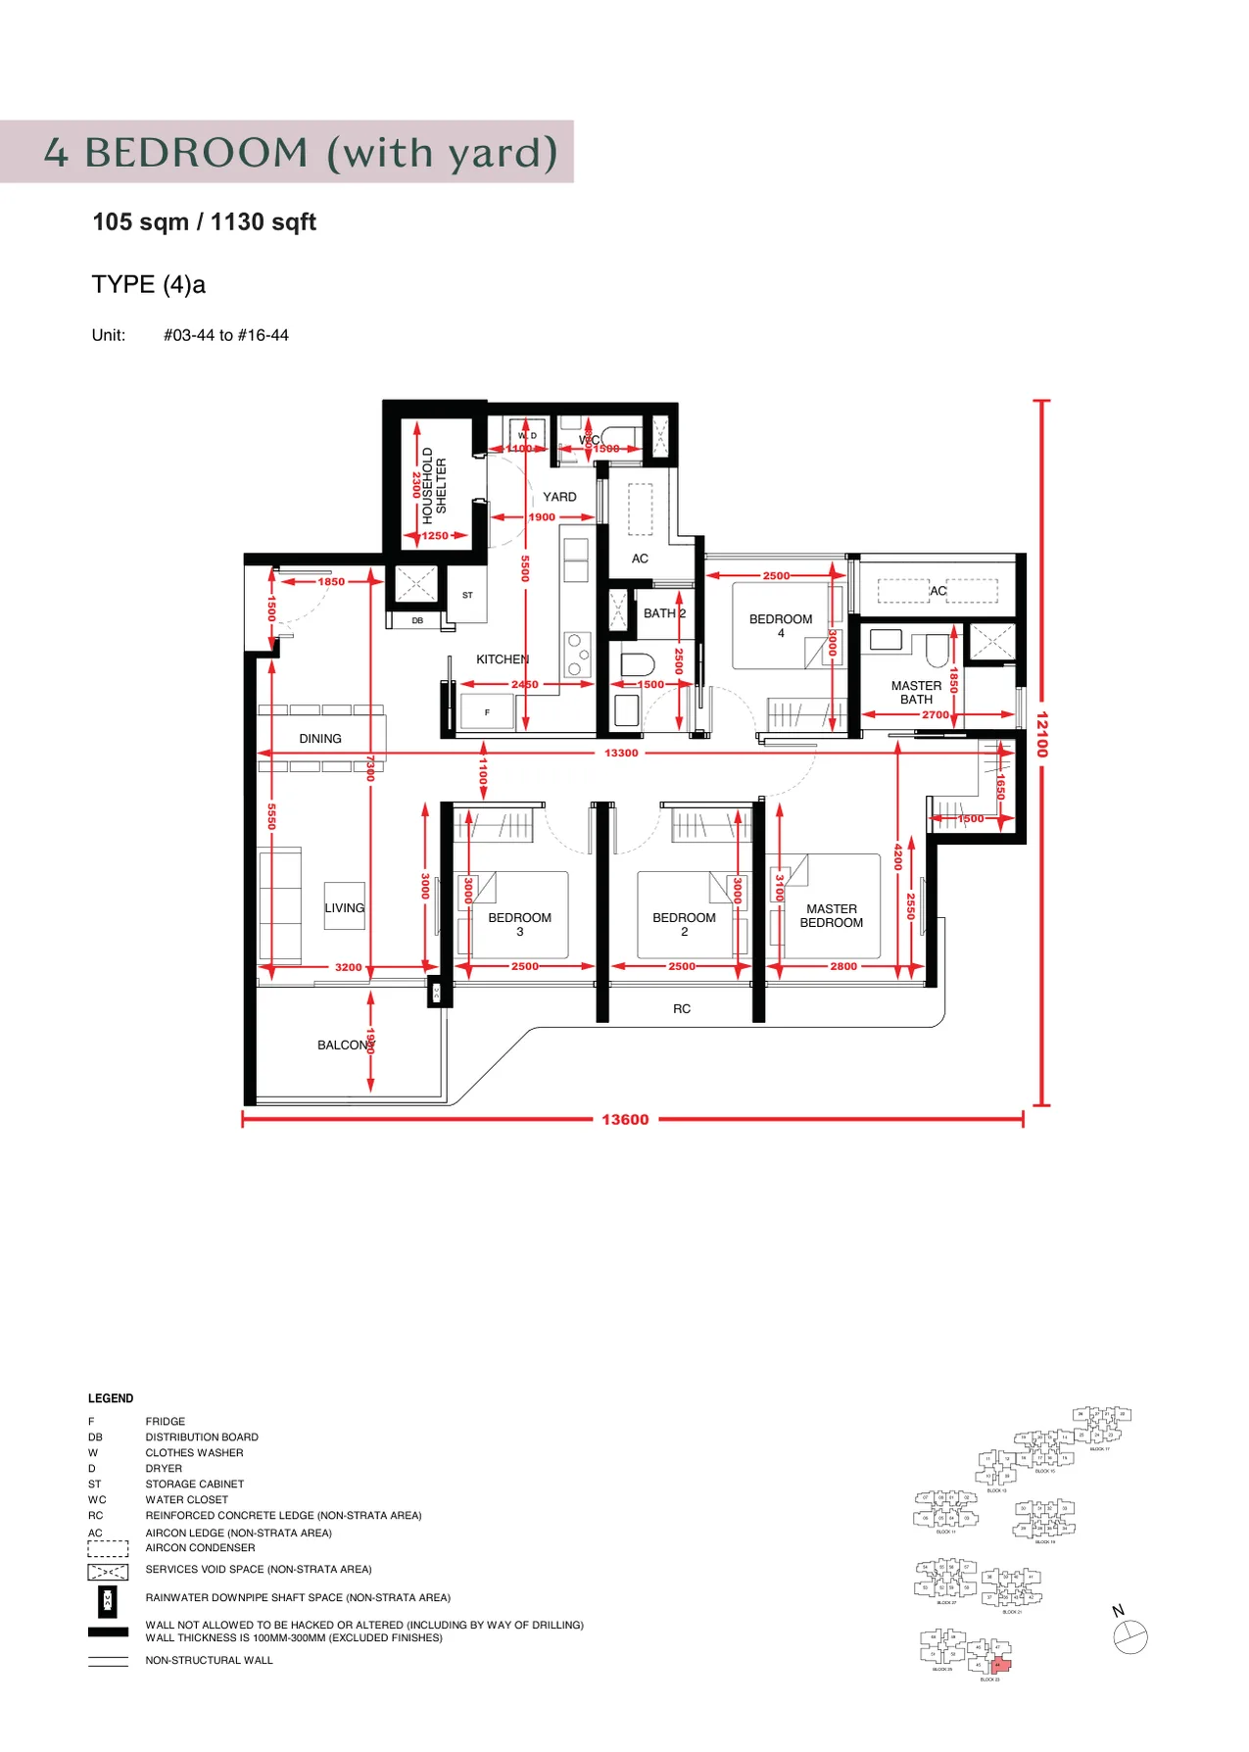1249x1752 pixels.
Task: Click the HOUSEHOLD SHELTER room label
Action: pyautogui.click(x=434, y=481)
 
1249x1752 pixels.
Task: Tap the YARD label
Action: pyautogui.click(x=559, y=497)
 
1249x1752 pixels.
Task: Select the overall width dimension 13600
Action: pyautogui.click(x=625, y=1119)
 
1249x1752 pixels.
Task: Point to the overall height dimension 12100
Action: pyautogui.click(x=1041, y=734)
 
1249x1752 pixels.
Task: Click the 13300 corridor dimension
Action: pyautogui.click(x=621, y=753)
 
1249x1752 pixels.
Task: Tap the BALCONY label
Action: pyautogui.click(x=343, y=1046)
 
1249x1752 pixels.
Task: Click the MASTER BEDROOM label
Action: pyautogui.click(x=831, y=916)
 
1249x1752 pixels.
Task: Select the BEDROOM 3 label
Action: pyautogui.click(x=519, y=924)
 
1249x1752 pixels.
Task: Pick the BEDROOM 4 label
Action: pyautogui.click(x=780, y=625)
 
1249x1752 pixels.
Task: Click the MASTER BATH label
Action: pyautogui.click(x=916, y=693)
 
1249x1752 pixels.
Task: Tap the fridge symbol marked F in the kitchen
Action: pyautogui.click(x=487, y=712)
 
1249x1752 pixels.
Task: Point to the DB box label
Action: pyautogui.click(x=417, y=620)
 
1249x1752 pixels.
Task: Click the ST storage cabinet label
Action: pyautogui.click(x=467, y=595)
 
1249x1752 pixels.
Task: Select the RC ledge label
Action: pyautogui.click(x=682, y=1008)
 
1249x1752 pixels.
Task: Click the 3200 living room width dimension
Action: pyautogui.click(x=348, y=967)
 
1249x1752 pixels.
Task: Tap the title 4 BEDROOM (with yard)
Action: pyautogui.click(x=300, y=152)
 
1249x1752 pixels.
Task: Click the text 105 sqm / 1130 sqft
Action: pyautogui.click(x=204, y=222)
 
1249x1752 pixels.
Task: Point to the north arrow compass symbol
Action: pyautogui.click(x=1129, y=1636)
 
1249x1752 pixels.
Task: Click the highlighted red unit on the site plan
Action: pyautogui.click(x=999, y=1665)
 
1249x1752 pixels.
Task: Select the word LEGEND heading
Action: pyautogui.click(x=111, y=1398)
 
